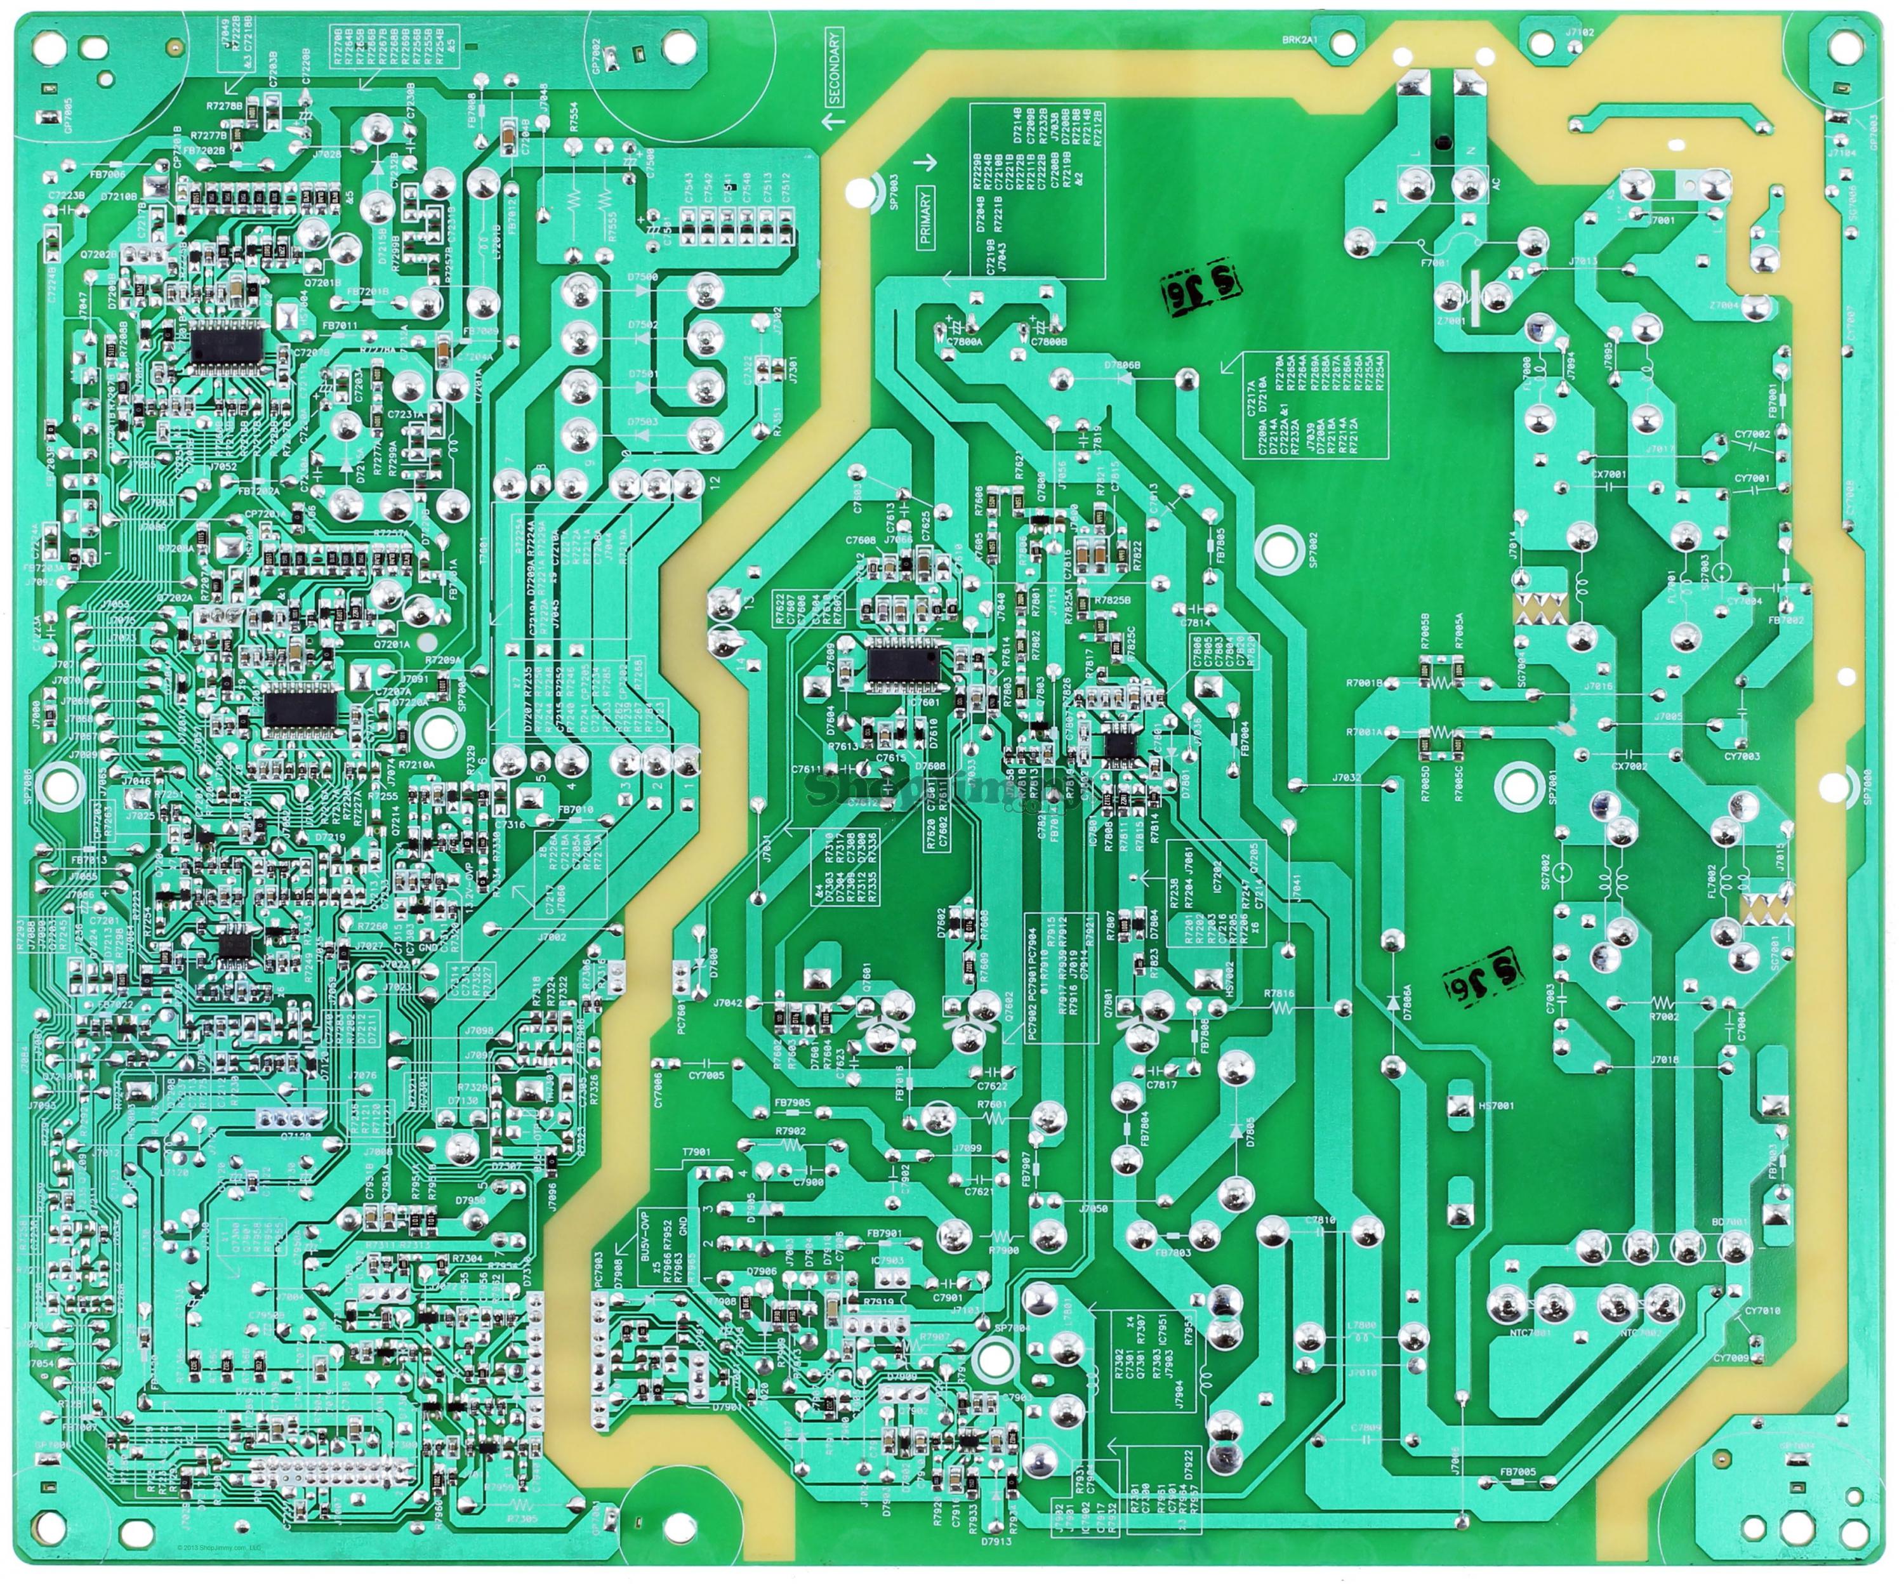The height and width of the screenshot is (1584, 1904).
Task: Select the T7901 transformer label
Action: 696,1151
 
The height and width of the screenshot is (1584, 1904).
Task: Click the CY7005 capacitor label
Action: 706,1075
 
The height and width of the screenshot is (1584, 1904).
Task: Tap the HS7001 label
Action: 1496,1106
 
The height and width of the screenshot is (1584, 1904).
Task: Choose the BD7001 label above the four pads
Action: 1729,1222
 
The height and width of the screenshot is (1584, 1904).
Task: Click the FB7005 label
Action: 1517,1472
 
